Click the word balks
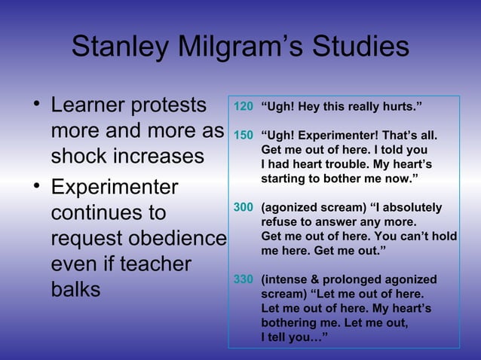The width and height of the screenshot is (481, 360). point(75,290)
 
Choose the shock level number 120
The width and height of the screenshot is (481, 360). point(243,106)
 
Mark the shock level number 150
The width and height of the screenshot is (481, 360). point(243,137)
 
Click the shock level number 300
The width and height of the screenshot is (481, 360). point(243,207)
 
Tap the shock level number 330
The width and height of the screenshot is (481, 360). point(243,279)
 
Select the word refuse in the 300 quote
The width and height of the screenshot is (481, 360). point(280,222)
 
